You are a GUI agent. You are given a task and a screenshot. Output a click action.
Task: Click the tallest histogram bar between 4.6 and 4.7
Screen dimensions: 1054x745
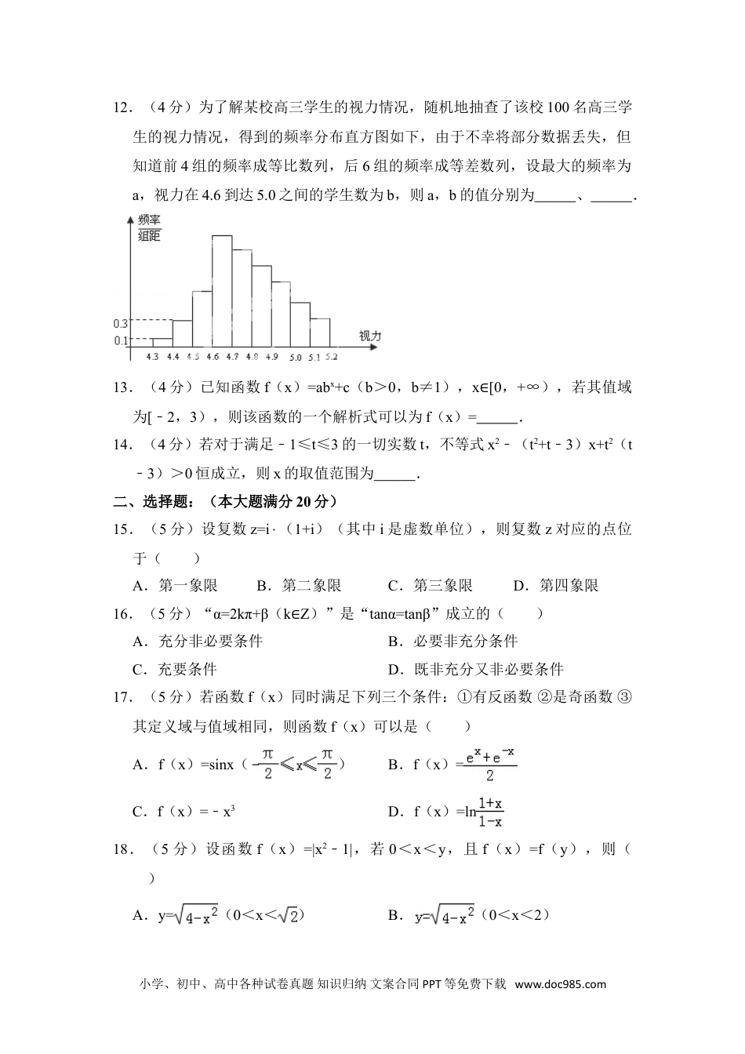(x=222, y=290)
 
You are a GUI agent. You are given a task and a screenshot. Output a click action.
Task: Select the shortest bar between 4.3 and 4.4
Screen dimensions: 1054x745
(x=162, y=342)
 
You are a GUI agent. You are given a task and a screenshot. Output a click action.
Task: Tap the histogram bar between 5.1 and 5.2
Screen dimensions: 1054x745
(x=320, y=332)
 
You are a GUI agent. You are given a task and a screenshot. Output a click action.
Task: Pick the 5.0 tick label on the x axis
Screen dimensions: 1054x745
(x=295, y=357)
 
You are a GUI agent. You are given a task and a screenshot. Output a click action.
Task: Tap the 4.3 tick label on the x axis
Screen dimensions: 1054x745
(x=153, y=357)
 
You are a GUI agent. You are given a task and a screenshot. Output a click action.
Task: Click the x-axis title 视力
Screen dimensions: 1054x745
(x=369, y=336)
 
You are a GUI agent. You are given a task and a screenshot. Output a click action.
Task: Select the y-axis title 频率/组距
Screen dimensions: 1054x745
(x=149, y=227)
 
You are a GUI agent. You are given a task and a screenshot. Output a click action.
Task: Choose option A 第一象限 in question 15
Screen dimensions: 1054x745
(x=176, y=585)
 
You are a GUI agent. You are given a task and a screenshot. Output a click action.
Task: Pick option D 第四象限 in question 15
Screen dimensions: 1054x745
(x=556, y=585)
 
